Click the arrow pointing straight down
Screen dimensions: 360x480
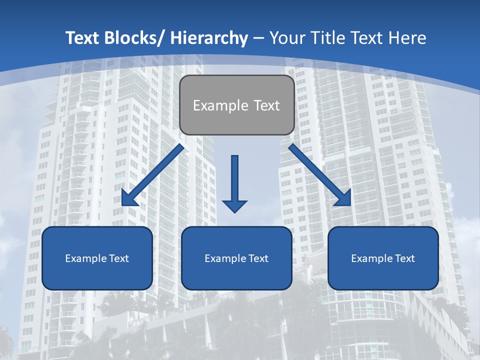234,180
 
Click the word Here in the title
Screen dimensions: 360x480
407,38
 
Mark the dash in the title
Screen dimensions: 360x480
258,38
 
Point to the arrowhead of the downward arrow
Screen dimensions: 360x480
234,205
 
